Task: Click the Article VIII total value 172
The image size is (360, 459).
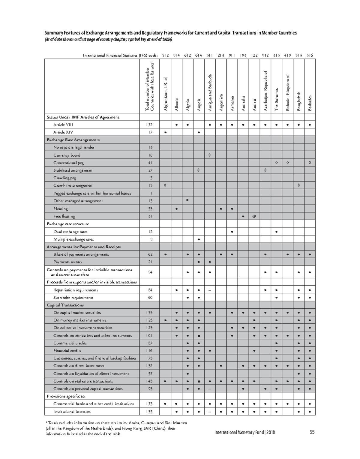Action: pos(149,125)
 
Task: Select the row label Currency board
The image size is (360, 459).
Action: pos(67,155)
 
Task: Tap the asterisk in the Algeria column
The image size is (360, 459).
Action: pos(187,200)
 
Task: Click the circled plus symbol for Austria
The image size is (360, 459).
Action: pos(254,216)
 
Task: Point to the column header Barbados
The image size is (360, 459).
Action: pos(310,103)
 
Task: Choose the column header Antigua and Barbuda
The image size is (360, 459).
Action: pos(210,93)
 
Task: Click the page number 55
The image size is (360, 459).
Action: pos(312,432)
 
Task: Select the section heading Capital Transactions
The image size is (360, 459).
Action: pos(65,305)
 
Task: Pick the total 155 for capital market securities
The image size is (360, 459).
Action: pos(149,313)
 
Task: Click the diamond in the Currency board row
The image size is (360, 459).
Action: pos(210,155)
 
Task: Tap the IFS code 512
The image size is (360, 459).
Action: pos(165,55)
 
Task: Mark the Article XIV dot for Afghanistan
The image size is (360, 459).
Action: pos(165,132)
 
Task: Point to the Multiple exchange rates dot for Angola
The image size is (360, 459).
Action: pos(199,239)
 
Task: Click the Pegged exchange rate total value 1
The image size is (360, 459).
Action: pos(149,193)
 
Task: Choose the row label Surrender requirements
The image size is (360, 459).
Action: pos(73,298)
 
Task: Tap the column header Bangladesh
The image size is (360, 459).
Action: pos(298,101)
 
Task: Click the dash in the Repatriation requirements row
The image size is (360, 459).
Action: pos(210,290)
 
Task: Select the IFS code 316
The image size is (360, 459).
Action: pos(310,55)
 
